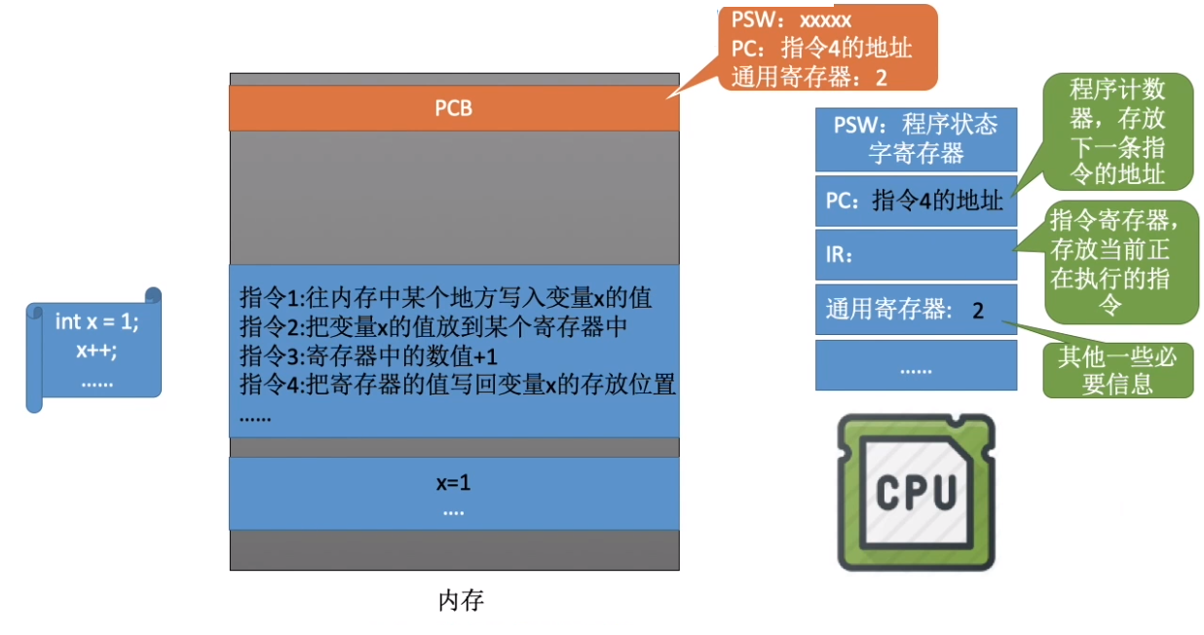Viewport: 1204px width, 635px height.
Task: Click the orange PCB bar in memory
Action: point(454,108)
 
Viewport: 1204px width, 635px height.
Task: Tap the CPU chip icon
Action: point(916,492)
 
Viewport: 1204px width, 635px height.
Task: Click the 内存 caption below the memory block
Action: point(461,600)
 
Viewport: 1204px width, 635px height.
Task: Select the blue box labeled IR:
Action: point(916,255)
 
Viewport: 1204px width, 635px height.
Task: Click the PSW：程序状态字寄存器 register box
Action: point(916,139)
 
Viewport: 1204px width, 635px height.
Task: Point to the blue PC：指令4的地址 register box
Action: point(916,201)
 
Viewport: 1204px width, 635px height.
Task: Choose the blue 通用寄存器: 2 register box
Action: point(916,311)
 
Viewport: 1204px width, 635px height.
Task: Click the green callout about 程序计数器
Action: point(1117,132)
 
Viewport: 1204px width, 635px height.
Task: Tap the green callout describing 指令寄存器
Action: point(1121,261)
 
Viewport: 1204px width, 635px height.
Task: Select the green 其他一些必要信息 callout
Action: point(1117,370)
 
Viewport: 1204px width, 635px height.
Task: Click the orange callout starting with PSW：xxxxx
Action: point(827,48)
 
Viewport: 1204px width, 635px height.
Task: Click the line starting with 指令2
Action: point(433,327)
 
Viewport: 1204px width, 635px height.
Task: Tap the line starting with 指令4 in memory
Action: point(457,385)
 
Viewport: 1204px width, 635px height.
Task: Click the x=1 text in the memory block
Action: point(454,482)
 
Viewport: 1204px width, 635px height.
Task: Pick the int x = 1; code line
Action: point(96,320)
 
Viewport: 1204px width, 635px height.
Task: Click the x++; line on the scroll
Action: point(96,352)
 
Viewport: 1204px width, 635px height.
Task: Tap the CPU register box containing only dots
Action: point(916,369)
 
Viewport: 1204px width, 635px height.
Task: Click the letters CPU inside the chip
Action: point(916,492)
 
